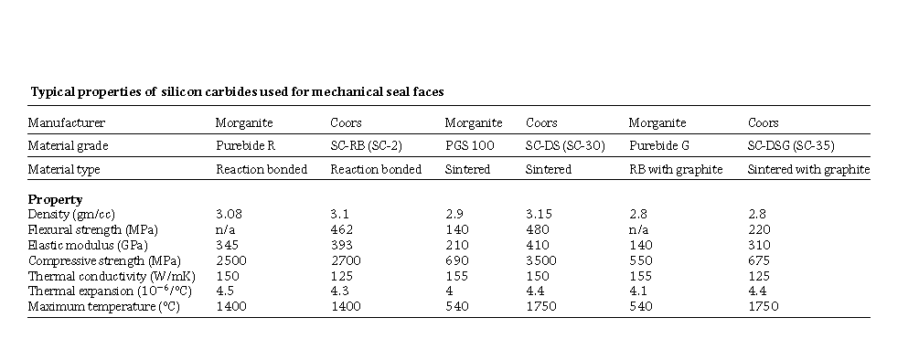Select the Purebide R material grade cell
tap(241, 145)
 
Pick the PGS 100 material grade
tap(468, 145)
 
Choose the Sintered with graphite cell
tap(807, 169)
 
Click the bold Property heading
tap(55, 199)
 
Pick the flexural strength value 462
tap(340, 229)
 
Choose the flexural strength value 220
tap(758, 229)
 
